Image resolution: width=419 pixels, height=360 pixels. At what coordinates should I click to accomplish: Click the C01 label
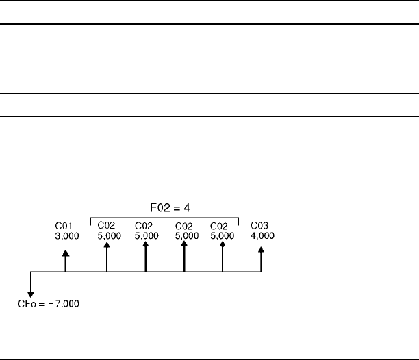click(x=63, y=227)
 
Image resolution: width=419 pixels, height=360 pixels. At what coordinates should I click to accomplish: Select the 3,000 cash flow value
click(x=67, y=235)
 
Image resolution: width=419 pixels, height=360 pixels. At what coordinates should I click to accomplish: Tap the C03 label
click(x=259, y=226)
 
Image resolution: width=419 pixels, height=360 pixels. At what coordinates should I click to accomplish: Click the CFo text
click(x=25, y=304)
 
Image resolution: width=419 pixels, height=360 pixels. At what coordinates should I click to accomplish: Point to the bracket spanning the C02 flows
click(x=164, y=218)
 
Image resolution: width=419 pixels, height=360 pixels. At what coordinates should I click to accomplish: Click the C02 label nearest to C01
click(x=106, y=226)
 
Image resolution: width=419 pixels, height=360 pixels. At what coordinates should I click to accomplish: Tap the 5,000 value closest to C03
click(x=223, y=235)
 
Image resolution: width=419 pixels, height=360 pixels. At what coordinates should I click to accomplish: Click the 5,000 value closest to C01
click(x=107, y=235)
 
